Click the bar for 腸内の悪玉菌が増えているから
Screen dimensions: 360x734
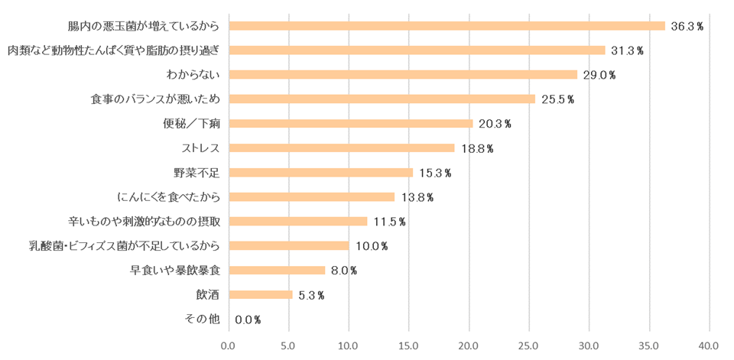click(447, 26)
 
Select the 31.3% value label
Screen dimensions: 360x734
click(627, 50)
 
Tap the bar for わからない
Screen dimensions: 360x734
click(403, 75)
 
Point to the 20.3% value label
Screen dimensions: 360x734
click(495, 124)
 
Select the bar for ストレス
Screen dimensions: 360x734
click(341, 148)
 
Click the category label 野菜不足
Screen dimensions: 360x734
click(197, 173)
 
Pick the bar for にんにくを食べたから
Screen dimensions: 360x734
click(311, 197)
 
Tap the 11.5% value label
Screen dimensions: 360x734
click(389, 222)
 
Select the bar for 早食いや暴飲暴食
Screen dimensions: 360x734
click(277, 271)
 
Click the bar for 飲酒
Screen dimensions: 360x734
click(260, 295)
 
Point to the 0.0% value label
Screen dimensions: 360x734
click(248, 319)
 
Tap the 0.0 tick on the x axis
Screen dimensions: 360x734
click(228, 345)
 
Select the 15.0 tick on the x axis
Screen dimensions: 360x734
click(409, 345)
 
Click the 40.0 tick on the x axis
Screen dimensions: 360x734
click(710, 345)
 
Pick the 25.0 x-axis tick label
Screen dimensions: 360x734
click(529, 345)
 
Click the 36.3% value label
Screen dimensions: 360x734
click(687, 26)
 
